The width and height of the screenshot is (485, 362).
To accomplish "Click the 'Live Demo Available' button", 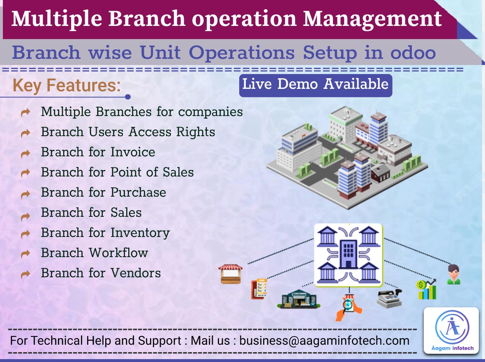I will tap(315, 85).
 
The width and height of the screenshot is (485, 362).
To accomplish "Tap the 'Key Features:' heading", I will tap(67, 86).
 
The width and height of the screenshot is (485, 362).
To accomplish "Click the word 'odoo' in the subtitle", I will tap(412, 53).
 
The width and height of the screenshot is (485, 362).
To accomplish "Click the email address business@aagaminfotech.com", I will tap(324, 341).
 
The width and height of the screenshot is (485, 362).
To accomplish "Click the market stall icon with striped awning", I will tap(231, 274).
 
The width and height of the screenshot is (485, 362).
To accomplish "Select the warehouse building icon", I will tap(299, 299).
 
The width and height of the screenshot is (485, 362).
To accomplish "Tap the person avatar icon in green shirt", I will tap(454, 275).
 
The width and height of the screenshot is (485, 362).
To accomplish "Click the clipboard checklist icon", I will tap(259, 289).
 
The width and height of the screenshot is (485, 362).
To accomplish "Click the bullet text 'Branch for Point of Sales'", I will tap(117, 172).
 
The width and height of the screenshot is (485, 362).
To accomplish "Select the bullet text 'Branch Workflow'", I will tap(95, 253).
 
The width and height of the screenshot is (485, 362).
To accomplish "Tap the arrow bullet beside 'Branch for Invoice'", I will tap(25, 153).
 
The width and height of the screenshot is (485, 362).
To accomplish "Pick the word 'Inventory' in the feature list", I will tap(140, 232).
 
